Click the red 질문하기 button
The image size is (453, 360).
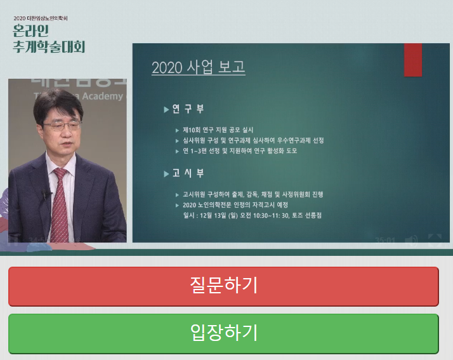pyautogui.click(x=223, y=286)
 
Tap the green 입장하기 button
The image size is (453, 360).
pyautogui.click(x=223, y=333)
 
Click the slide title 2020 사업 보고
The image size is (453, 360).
pyautogui.click(x=198, y=67)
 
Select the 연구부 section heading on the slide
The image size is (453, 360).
pyautogui.click(x=188, y=109)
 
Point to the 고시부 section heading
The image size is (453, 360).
pyautogui.click(x=188, y=173)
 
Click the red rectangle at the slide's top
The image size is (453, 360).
pyautogui.click(x=413, y=60)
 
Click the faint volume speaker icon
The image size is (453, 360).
pyautogui.click(x=411, y=240)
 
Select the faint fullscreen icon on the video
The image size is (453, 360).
pyautogui.click(x=435, y=240)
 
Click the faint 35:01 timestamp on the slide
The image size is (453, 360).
pyautogui.click(x=385, y=241)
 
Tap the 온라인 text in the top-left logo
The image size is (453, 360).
pyautogui.click(x=31, y=31)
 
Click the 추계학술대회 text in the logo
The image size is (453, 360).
pyautogui.click(x=48, y=47)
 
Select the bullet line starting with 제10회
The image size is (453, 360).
pyautogui.click(x=226, y=130)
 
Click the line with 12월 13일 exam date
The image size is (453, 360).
pyautogui.click(x=252, y=216)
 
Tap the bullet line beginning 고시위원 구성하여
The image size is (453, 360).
pyautogui.click(x=256, y=194)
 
